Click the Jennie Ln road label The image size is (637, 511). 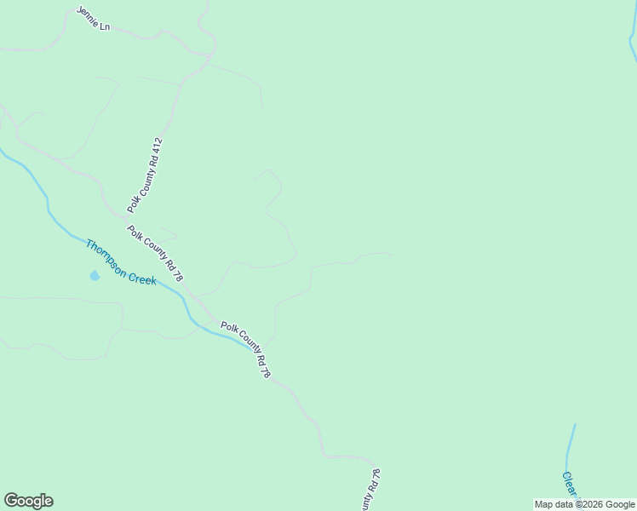coord(94,19)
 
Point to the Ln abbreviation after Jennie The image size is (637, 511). coord(106,27)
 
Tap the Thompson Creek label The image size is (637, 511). coord(120,261)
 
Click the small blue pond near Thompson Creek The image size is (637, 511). coord(95,275)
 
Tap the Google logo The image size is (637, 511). coord(28,501)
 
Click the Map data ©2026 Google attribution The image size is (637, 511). coord(584,504)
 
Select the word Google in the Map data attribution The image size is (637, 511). coord(620,504)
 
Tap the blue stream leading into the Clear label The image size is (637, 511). coord(569,447)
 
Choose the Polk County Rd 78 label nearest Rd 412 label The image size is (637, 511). coord(155,253)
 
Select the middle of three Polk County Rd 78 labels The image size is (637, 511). coord(246,349)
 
